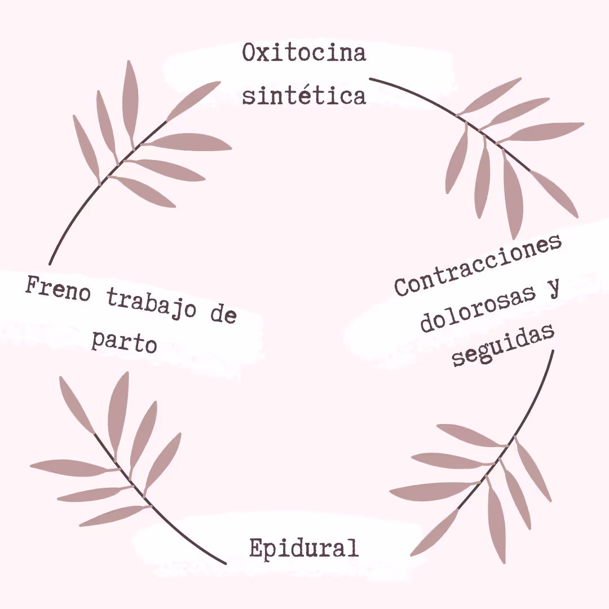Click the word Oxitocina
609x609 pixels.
[304, 53]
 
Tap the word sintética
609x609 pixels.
[304, 95]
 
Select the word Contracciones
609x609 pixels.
[478, 264]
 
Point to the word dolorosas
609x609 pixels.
[477, 307]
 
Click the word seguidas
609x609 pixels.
[504, 345]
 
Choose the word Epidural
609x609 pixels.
[304, 548]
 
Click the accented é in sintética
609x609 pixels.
[308, 95]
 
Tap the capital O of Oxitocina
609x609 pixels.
[250, 53]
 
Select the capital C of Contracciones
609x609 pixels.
[401, 286]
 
